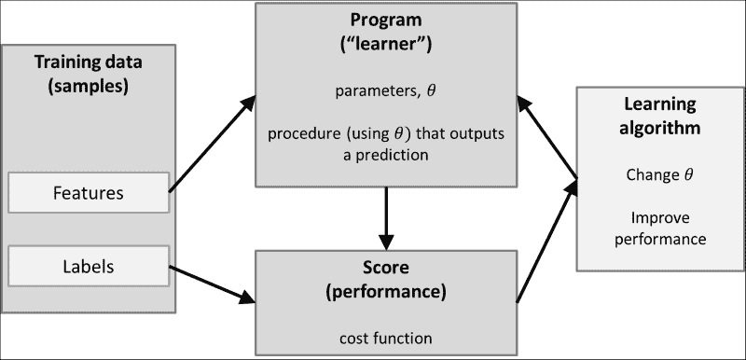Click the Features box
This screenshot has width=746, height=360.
click(x=89, y=194)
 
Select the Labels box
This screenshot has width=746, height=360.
click(x=89, y=266)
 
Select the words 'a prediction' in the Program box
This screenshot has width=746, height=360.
click(x=384, y=155)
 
